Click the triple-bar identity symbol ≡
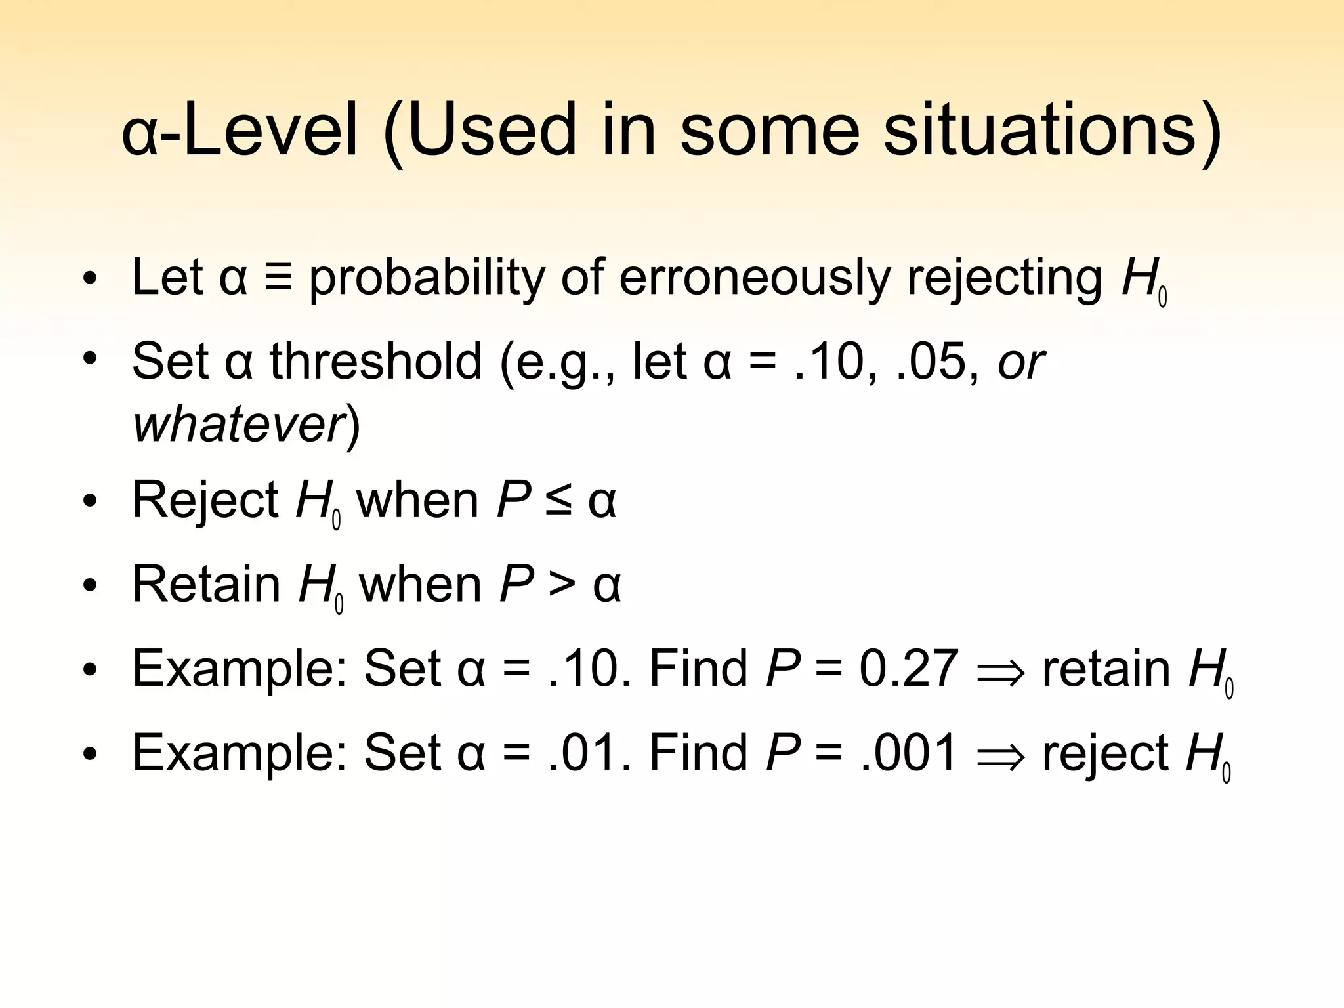click(278, 277)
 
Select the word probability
click(427, 278)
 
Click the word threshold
click(375, 362)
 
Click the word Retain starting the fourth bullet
click(207, 585)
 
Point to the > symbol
click(562, 585)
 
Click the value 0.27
click(909, 669)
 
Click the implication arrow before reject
click(1001, 757)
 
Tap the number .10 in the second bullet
click(834, 362)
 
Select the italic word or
click(1020, 363)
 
